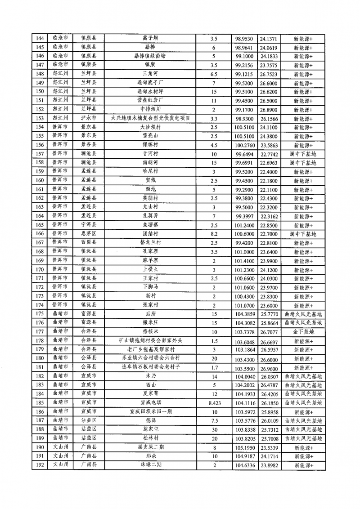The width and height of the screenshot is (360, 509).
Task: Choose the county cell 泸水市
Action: [x=89, y=118]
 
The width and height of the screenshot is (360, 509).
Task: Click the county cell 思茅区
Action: [x=89, y=234]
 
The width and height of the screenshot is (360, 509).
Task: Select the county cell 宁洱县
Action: [x=89, y=225]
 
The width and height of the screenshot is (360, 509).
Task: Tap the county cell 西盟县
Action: [x=89, y=243]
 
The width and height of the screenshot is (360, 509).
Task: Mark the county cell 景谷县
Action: [x=89, y=145]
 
